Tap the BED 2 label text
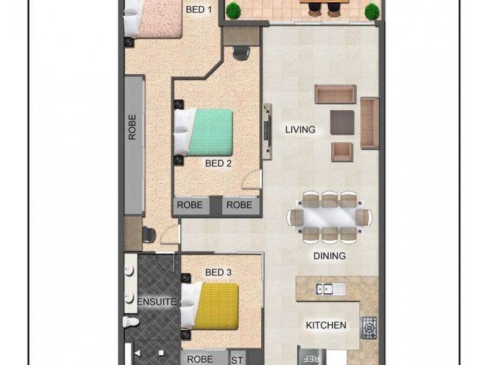[x=218, y=163]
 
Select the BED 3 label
[x=218, y=273]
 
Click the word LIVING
[x=301, y=130]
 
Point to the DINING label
[x=329, y=256]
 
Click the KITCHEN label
[x=326, y=325]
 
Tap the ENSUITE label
[x=156, y=302]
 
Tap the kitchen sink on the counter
[x=331, y=290]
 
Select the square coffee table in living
[x=342, y=122]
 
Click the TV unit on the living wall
[x=267, y=131]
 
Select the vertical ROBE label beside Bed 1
[x=133, y=127]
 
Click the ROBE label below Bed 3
[x=199, y=359]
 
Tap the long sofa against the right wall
[x=370, y=123]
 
